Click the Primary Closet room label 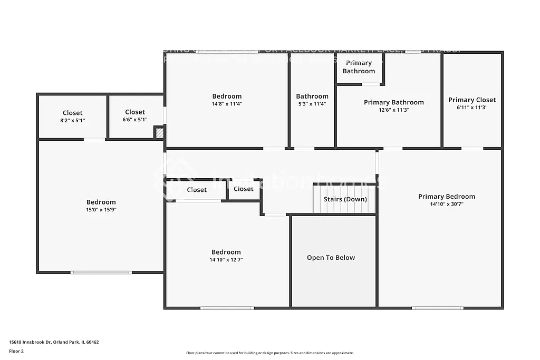(x=472, y=100)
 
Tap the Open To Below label (x=331, y=258)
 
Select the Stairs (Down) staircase (x=344, y=199)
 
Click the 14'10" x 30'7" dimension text (x=446, y=204)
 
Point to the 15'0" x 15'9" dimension (x=101, y=209)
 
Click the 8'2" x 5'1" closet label (x=73, y=120)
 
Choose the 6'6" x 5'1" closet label (x=134, y=120)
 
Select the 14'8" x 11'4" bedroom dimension (x=227, y=104)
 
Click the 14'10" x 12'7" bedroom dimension (x=226, y=259)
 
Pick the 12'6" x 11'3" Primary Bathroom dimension (x=393, y=110)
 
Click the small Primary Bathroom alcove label (x=359, y=67)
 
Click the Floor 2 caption (x=16, y=351)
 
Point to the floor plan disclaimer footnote (x=269, y=353)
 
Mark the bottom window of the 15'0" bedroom (x=101, y=273)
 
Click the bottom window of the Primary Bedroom (x=437, y=308)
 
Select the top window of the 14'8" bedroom (x=227, y=52)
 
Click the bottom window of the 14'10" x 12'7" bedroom (x=227, y=308)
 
